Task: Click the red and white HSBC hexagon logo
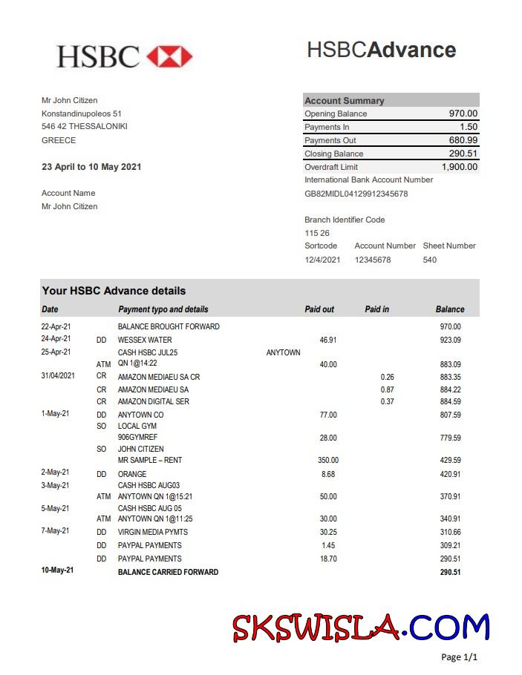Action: tap(169, 56)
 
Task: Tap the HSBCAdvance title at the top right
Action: tap(381, 50)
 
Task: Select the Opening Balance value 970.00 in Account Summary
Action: tap(463, 113)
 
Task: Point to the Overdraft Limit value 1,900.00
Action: tap(460, 167)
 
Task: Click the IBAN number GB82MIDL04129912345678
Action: tap(356, 194)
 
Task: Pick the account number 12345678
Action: tap(373, 260)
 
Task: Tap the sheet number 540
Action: tap(430, 260)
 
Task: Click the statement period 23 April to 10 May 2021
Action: tap(91, 167)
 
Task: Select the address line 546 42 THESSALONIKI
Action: tap(85, 126)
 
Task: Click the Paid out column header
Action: tap(319, 309)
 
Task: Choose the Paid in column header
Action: tap(377, 309)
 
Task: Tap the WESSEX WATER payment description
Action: tap(145, 340)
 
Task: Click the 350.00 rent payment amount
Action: tap(328, 461)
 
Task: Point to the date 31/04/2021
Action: tap(58, 376)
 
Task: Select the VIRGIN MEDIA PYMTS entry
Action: tap(153, 532)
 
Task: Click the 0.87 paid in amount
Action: tap(387, 389)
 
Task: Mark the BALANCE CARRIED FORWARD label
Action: tap(168, 572)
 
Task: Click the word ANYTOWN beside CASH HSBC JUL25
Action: tap(283, 352)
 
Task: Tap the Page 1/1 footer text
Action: tap(459, 657)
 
